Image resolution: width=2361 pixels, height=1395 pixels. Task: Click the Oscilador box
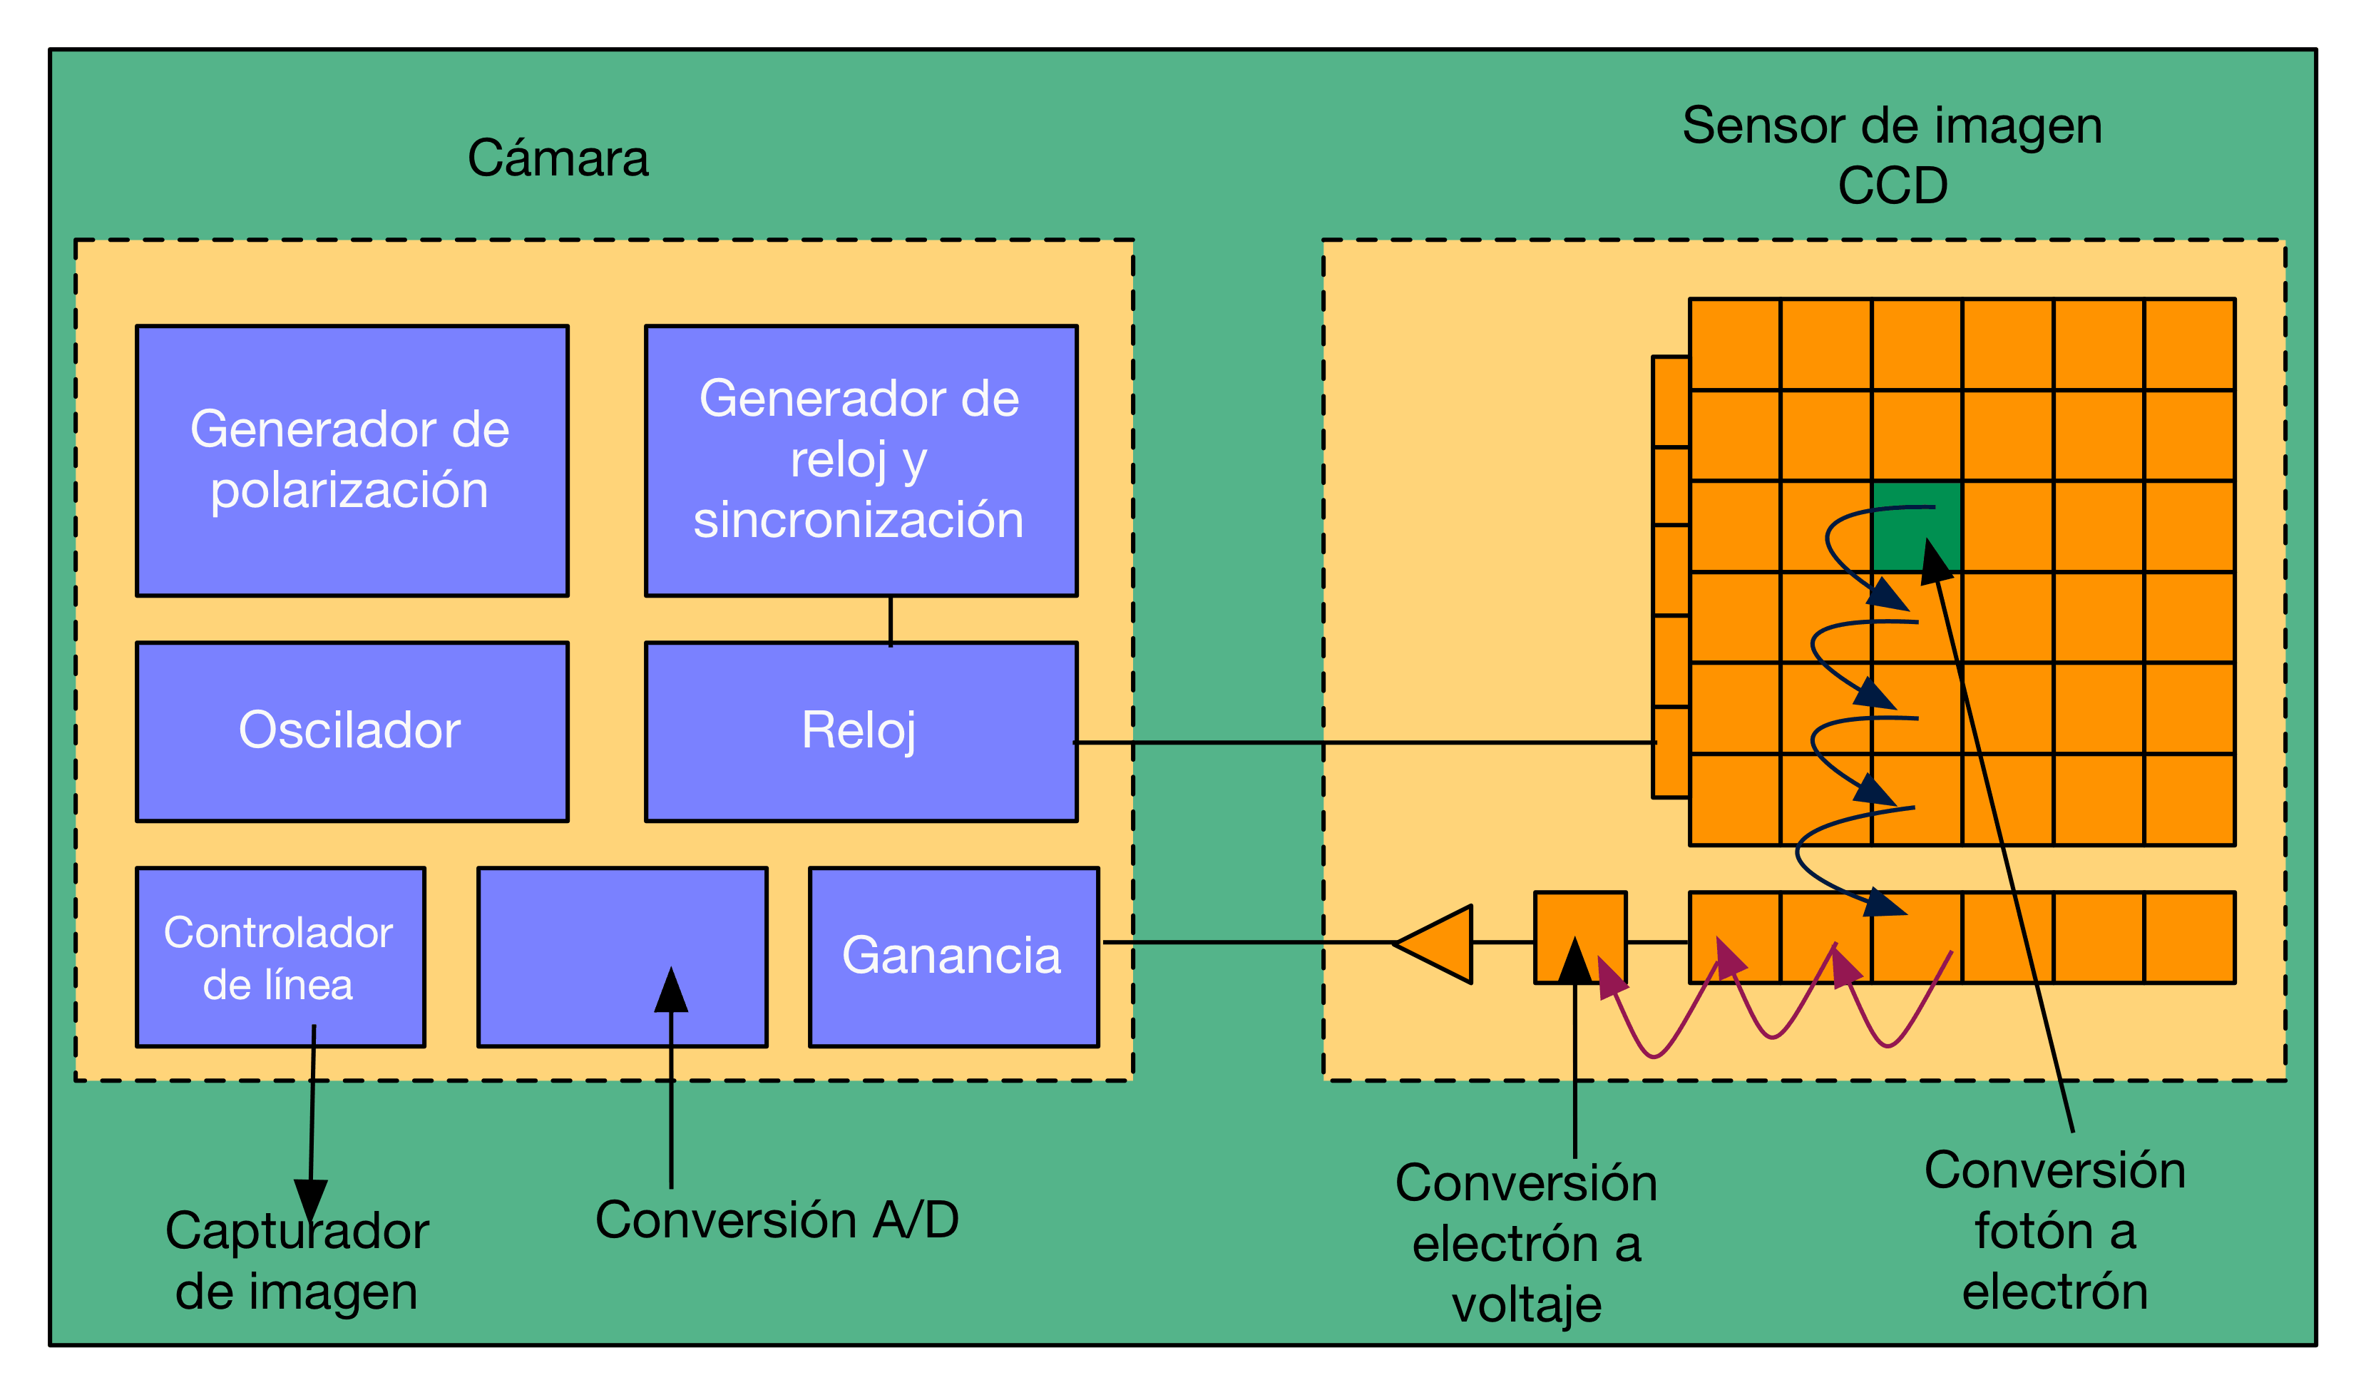(352, 731)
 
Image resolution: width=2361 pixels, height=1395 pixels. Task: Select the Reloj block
(860, 731)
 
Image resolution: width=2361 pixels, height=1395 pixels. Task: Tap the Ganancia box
(953, 956)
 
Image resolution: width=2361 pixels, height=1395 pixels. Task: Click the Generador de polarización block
(352, 460)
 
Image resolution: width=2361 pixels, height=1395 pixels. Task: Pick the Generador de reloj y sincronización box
(860, 460)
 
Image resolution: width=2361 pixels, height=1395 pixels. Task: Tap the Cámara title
(558, 158)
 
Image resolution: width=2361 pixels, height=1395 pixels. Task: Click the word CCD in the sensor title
(1892, 186)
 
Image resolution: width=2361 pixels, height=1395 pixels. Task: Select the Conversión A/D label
(777, 1220)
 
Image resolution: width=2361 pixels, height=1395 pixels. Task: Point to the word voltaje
(1527, 1304)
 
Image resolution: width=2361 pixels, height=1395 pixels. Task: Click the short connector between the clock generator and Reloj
(890, 620)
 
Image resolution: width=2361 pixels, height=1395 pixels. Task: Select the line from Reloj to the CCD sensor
(1363, 742)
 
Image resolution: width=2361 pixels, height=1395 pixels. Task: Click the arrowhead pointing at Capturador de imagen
(310, 1199)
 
